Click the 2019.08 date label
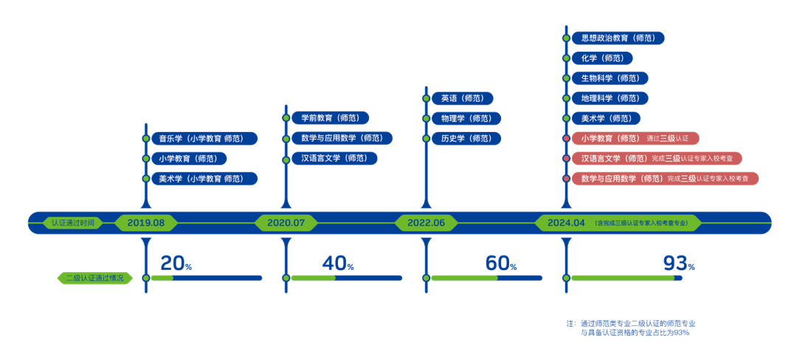tap(146, 223)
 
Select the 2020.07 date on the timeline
tap(286, 223)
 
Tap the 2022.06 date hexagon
tap(426, 223)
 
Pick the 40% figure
tap(337, 263)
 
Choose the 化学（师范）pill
tap(602, 58)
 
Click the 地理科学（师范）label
tap(610, 98)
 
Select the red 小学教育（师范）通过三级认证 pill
tap(635, 138)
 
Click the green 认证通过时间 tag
tap(72, 223)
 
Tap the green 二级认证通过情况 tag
tap(95, 278)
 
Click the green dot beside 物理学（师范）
tap(426, 118)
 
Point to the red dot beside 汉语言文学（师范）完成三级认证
tap(566, 158)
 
